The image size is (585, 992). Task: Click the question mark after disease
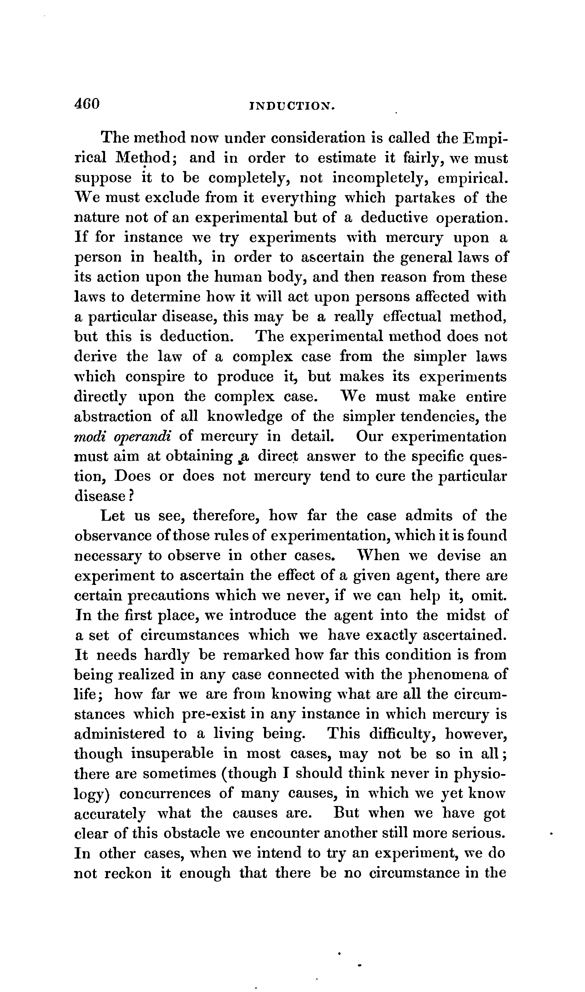pos(132,496)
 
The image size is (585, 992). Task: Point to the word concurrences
pos(165,794)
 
